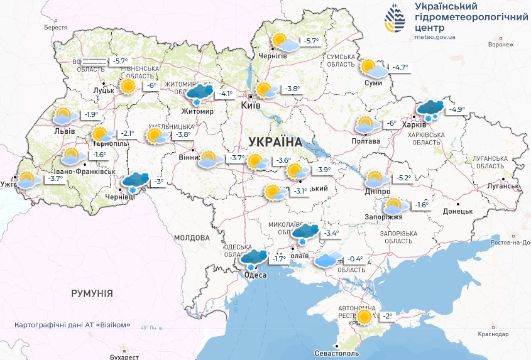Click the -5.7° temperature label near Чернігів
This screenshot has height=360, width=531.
point(311,41)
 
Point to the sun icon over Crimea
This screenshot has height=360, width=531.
point(364,317)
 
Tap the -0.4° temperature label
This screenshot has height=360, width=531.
point(355,259)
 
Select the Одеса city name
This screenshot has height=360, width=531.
point(255,275)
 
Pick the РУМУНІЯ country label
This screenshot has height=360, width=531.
point(92,293)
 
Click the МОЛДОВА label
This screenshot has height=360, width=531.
point(191,238)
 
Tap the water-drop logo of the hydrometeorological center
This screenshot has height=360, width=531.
point(396,19)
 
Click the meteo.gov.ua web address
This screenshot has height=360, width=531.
point(435,37)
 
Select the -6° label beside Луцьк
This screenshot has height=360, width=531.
point(151,86)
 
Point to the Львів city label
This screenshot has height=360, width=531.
point(65,131)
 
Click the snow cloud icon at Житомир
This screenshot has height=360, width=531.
point(199,94)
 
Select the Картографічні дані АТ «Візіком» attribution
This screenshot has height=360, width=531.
point(73,325)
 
